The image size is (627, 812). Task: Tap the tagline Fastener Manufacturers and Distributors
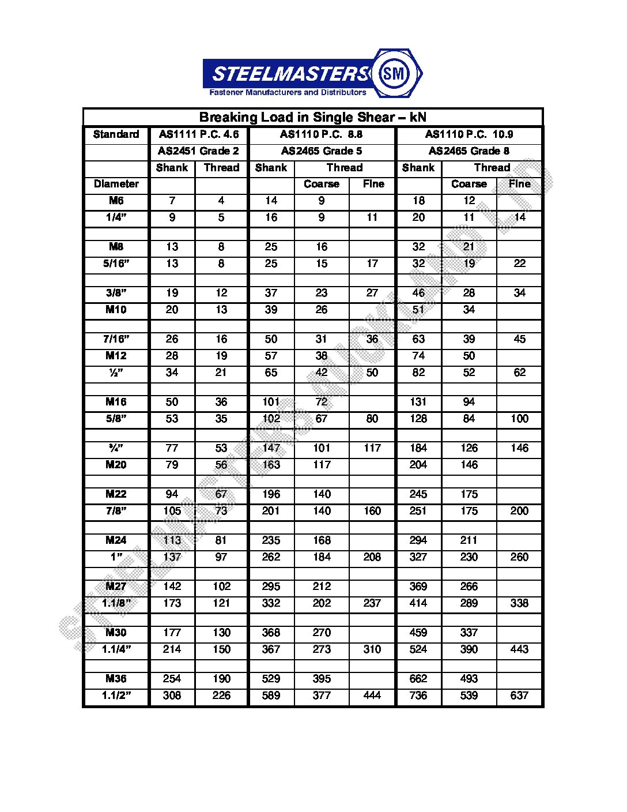pos(288,92)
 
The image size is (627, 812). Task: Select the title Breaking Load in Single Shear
pos(312,117)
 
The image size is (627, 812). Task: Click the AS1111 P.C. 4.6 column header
pos(199,134)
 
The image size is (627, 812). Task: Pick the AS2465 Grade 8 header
pos(469,151)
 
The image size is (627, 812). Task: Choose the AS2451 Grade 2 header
pos(199,151)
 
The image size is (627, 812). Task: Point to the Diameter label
pos(116,184)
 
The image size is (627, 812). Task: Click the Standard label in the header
pos(116,134)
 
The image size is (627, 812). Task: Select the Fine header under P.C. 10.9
pos(519,184)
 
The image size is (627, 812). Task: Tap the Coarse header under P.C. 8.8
pos(322,184)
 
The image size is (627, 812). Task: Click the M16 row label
pos(116,402)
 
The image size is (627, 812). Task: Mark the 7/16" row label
pos(116,339)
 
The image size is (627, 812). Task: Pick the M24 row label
pos(116,540)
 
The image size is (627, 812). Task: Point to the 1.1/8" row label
pos(116,603)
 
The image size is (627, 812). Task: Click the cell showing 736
pos(418,696)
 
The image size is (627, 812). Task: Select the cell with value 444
pos(372,696)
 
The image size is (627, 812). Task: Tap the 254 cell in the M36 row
pos(172,679)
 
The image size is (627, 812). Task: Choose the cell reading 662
pos(418,679)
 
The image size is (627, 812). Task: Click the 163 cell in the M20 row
pos(271,465)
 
